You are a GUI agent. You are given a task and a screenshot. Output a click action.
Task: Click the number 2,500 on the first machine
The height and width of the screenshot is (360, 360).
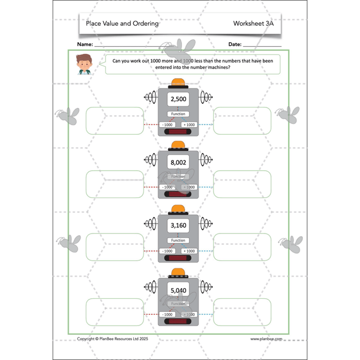coord(178,99)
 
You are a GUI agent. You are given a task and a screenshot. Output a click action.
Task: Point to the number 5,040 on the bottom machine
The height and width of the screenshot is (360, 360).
coord(178,291)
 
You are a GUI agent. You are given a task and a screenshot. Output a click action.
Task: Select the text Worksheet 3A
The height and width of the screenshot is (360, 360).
coord(254,24)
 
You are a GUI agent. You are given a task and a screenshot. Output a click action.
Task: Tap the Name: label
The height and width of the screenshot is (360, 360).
coord(85,45)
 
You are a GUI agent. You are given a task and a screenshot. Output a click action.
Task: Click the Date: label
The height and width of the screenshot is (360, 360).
coord(235,45)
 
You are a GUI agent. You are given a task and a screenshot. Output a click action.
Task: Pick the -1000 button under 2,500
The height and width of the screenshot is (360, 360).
coord(168,124)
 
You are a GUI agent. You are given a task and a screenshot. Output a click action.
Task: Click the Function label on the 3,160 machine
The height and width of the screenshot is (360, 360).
coord(178,240)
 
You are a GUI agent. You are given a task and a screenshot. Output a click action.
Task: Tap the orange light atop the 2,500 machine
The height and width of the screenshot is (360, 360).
coord(178,82)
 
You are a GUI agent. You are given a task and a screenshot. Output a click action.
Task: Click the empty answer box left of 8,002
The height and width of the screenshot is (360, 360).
coord(115,184)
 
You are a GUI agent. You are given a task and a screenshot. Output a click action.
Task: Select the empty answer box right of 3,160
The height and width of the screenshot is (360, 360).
coord(242,247)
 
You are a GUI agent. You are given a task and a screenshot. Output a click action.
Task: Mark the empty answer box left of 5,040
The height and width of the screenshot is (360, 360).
coord(115,312)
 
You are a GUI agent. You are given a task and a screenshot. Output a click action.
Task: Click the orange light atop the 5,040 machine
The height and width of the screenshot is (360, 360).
coord(178,272)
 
